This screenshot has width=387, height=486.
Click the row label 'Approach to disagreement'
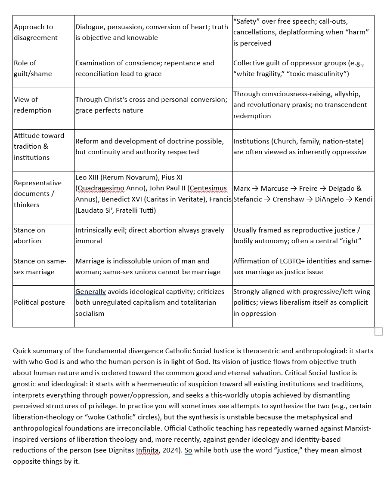point(35,32)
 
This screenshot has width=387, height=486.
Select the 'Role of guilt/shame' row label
point(32,68)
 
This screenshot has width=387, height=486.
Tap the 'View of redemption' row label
point(32,105)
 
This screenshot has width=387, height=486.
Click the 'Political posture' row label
point(39,303)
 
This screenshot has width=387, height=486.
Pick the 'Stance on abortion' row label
point(29,235)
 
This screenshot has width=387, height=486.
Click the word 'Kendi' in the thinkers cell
point(364,199)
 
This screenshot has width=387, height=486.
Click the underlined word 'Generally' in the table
point(90,292)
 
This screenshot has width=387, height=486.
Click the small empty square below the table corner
point(378,331)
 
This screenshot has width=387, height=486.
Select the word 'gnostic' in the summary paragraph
point(25,384)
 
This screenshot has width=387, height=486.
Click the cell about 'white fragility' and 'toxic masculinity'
point(303,68)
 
